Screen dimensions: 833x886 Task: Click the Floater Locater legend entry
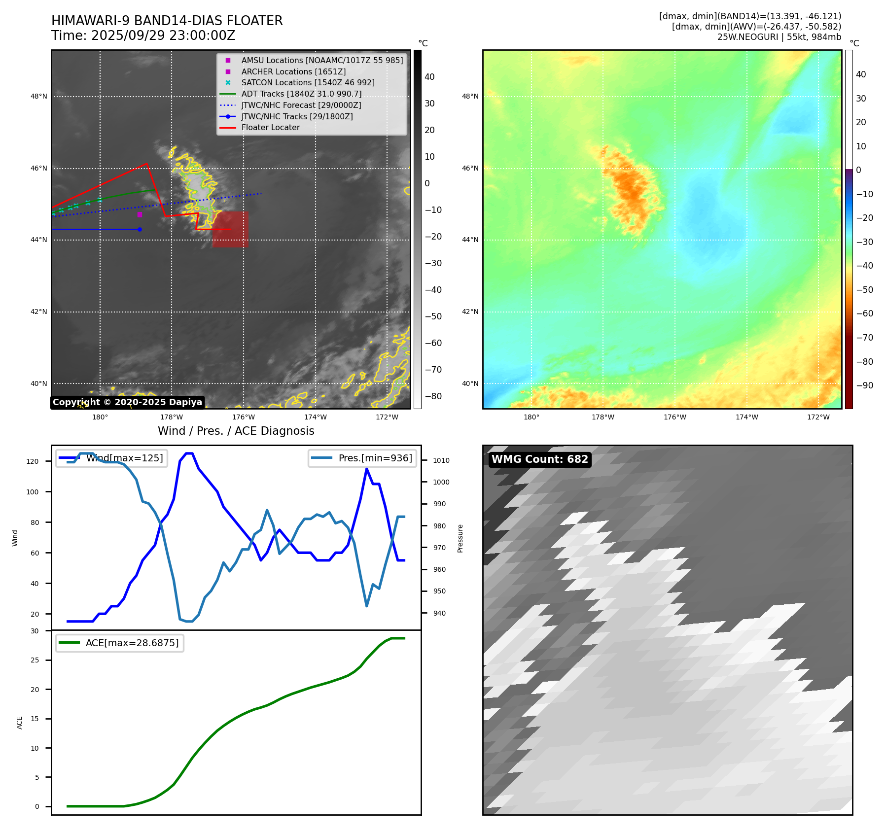[270, 128]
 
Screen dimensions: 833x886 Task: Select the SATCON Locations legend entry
[308, 83]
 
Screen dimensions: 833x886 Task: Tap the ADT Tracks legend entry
[301, 94]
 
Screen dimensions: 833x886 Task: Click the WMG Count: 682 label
[540, 459]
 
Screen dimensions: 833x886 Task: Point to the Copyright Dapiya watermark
[127, 402]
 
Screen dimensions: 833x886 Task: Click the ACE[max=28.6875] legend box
[120, 643]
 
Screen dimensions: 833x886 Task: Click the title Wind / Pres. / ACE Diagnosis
[236, 431]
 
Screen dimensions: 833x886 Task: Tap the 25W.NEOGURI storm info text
[779, 37]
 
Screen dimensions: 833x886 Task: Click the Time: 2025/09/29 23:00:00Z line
[143, 35]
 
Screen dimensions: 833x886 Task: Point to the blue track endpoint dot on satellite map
[140, 230]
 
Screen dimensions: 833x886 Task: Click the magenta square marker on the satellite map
[140, 214]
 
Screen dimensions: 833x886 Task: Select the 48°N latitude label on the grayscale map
[39, 97]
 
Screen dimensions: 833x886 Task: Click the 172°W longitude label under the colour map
[818, 417]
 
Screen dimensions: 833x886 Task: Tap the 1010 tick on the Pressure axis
[441, 460]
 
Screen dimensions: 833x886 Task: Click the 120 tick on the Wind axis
[33, 462]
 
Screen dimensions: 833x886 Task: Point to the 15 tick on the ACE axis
[35, 719]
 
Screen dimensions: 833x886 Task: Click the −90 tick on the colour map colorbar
[864, 385]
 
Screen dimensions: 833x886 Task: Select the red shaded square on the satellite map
[230, 230]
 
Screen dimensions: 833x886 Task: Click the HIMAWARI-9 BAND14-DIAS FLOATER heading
[167, 21]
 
